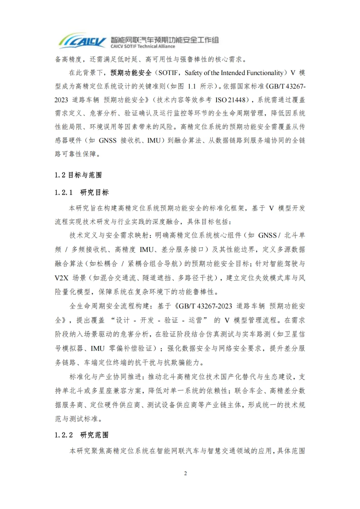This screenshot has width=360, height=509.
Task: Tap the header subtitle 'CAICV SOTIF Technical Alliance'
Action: click(x=143, y=47)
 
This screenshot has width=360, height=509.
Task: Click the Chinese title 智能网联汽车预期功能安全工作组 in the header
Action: click(x=165, y=40)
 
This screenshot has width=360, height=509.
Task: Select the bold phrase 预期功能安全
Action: click(x=131, y=73)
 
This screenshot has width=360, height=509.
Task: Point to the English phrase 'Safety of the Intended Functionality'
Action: click(x=234, y=73)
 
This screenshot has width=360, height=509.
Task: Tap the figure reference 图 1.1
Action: click(x=187, y=86)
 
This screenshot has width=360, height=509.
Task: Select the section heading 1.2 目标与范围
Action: click(x=78, y=175)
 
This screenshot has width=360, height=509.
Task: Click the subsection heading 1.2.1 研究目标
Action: click(x=82, y=192)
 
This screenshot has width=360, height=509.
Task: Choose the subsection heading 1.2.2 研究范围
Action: click(x=82, y=435)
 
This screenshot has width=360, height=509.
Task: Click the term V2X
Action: click(x=61, y=278)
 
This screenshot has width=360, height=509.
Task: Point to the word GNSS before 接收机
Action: click(x=108, y=140)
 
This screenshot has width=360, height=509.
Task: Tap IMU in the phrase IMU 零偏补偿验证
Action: click(x=98, y=348)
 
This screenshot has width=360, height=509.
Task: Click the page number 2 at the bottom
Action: click(x=186, y=473)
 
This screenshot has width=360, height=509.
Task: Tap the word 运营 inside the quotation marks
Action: click(x=195, y=320)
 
